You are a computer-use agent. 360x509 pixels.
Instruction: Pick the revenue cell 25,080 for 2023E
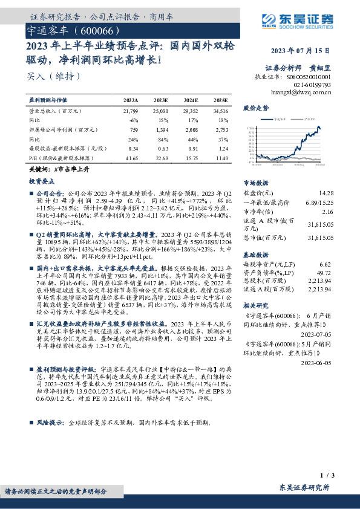point(161,112)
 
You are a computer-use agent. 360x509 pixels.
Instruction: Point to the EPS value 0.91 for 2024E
point(191,149)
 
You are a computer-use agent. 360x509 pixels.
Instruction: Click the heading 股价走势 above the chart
point(255,108)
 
